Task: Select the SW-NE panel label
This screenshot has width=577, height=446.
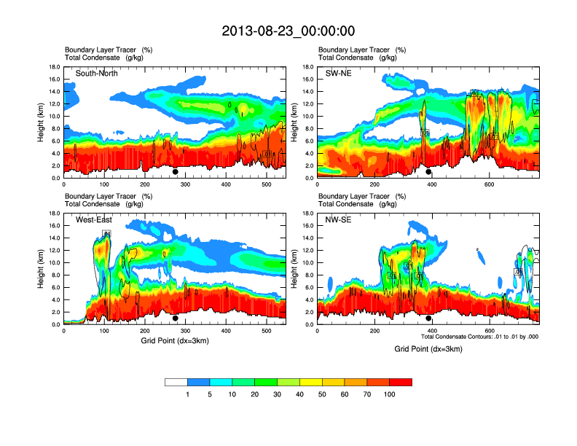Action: tap(340, 74)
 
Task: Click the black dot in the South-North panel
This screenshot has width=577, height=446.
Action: tap(176, 172)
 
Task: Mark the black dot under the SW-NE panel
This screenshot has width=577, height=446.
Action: tap(429, 172)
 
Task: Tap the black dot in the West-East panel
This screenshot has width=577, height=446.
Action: tap(176, 318)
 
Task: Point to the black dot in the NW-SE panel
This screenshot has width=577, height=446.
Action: tap(429, 318)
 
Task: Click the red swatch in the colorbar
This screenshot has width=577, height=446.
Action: tap(401, 382)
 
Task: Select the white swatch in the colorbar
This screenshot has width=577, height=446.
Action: tap(176, 382)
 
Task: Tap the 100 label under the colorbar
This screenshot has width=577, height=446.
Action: tap(390, 394)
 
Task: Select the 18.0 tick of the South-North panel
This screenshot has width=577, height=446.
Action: tap(54, 67)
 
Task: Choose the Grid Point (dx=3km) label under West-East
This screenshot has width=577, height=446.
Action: tap(175, 340)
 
